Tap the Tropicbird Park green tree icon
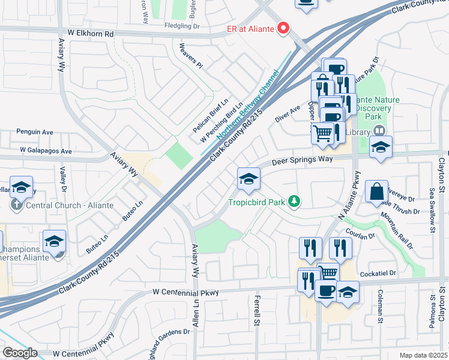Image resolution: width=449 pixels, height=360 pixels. pyautogui.click(x=294, y=201)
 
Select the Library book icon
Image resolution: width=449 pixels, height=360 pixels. pyautogui.click(x=379, y=130)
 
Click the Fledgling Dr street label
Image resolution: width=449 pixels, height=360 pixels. pyautogui.click(x=182, y=26)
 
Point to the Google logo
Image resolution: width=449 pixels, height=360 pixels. pyautogui.click(x=20, y=353)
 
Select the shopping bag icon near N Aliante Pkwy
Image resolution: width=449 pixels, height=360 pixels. pyautogui.click(x=376, y=192)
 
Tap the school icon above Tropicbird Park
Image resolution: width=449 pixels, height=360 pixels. pyautogui.click(x=249, y=178)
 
